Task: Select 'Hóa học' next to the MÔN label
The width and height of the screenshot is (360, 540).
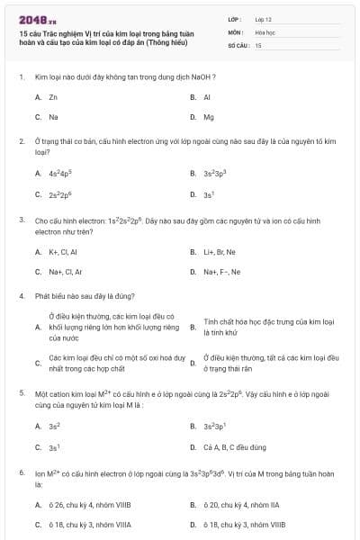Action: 265,31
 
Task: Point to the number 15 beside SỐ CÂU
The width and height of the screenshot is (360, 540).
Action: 258,44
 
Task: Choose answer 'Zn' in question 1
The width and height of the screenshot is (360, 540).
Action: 53,96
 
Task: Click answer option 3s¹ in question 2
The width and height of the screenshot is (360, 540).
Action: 209,193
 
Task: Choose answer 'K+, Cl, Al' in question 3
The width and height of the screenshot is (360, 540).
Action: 63,251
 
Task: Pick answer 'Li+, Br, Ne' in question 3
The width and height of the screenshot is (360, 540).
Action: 220,251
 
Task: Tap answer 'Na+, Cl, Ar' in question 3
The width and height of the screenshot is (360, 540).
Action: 65,271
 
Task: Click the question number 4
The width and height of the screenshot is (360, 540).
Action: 21,295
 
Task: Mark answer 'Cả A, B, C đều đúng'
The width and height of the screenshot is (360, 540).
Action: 233,446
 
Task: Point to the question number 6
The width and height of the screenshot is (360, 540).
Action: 21,472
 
